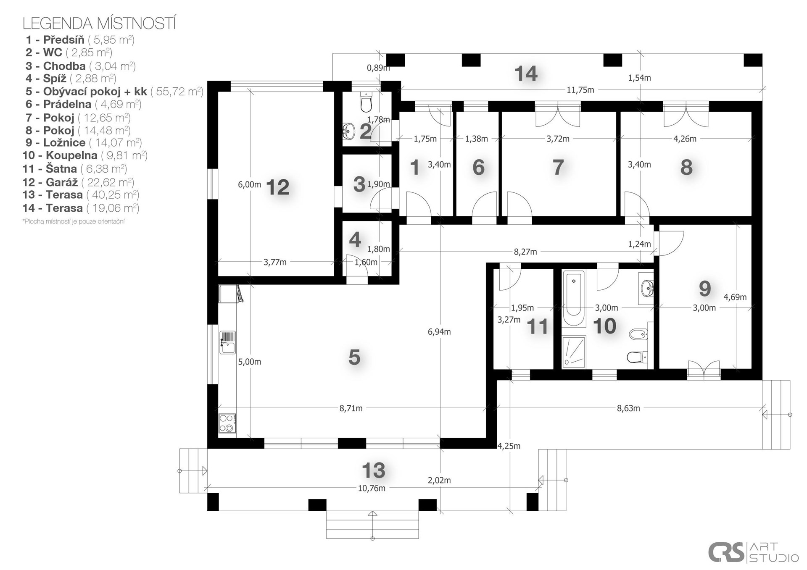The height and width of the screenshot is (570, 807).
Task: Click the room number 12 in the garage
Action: pos(278,187)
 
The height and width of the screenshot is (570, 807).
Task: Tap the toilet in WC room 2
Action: pos(367,102)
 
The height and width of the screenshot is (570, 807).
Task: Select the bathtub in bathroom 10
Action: pos(574,299)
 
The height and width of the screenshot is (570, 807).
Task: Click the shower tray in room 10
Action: pos(574,352)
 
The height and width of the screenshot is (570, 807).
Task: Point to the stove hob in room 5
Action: pos(227,423)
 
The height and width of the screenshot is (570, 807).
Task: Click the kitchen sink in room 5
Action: pos(227,342)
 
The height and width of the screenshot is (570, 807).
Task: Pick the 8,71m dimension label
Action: pos(351,408)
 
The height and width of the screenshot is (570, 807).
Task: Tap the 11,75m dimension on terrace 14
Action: pos(580,89)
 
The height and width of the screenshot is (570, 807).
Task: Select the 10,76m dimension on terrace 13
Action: pos(372,488)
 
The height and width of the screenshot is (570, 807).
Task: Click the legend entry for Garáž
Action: pos(78,182)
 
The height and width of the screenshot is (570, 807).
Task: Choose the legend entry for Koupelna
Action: pos(85,155)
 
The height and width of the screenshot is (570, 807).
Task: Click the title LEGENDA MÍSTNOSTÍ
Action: pos(99,24)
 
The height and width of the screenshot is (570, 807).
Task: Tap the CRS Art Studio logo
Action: pos(753,552)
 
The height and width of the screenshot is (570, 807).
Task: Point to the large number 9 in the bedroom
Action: pos(705,289)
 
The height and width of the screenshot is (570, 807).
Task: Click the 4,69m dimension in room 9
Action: pos(735,297)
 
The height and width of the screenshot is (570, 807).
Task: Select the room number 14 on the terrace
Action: pos(526,74)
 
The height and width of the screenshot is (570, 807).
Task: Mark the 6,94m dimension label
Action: pos(439,332)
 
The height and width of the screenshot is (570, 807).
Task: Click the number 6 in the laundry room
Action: pos(479,168)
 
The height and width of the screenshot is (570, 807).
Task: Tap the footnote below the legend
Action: pos(74,221)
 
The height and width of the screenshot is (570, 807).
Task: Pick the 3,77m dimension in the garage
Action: pos(275,262)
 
